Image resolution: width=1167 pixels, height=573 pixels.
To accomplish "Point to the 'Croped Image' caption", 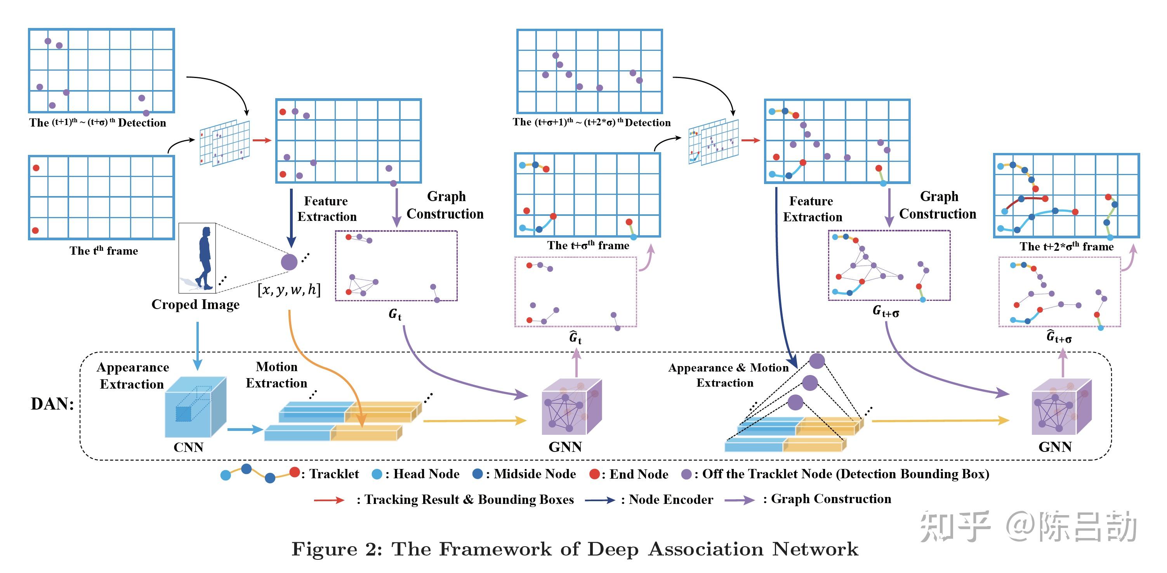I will coord(195,304).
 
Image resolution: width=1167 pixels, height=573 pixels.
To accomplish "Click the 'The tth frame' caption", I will coord(103,250).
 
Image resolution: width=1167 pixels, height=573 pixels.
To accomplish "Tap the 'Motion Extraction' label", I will coord(276,375).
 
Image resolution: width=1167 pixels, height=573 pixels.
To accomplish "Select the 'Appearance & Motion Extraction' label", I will coord(728,375).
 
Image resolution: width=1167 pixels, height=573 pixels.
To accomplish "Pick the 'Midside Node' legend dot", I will coord(478,474).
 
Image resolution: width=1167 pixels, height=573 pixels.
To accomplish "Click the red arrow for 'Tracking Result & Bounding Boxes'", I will coord(329,500).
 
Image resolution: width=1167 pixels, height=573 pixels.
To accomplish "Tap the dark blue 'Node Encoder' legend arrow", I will coord(599,500).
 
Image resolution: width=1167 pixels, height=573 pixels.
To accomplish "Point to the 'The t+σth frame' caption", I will coord(588,245).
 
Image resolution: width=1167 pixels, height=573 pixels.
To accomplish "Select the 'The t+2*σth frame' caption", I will coord(1066,247).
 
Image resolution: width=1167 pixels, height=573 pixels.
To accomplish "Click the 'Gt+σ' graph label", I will coord(886,312).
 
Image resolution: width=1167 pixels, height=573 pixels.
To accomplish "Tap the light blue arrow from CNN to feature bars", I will coord(245,429).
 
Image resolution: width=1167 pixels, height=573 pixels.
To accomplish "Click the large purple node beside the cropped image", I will coord(289,262).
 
